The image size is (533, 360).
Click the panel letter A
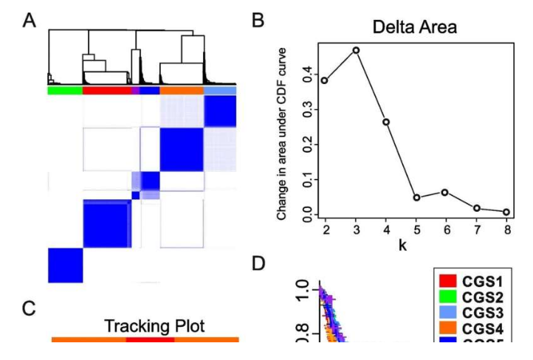click(30, 21)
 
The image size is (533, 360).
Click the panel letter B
click(258, 21)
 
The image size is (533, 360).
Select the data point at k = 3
click(356, 50)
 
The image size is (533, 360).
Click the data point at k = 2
click(325, 80)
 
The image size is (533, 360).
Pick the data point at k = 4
click(386, 122)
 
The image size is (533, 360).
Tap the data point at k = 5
click(417, 198)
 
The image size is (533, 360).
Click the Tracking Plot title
click(145, 326)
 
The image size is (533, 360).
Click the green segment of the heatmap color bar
click(64, 90)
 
